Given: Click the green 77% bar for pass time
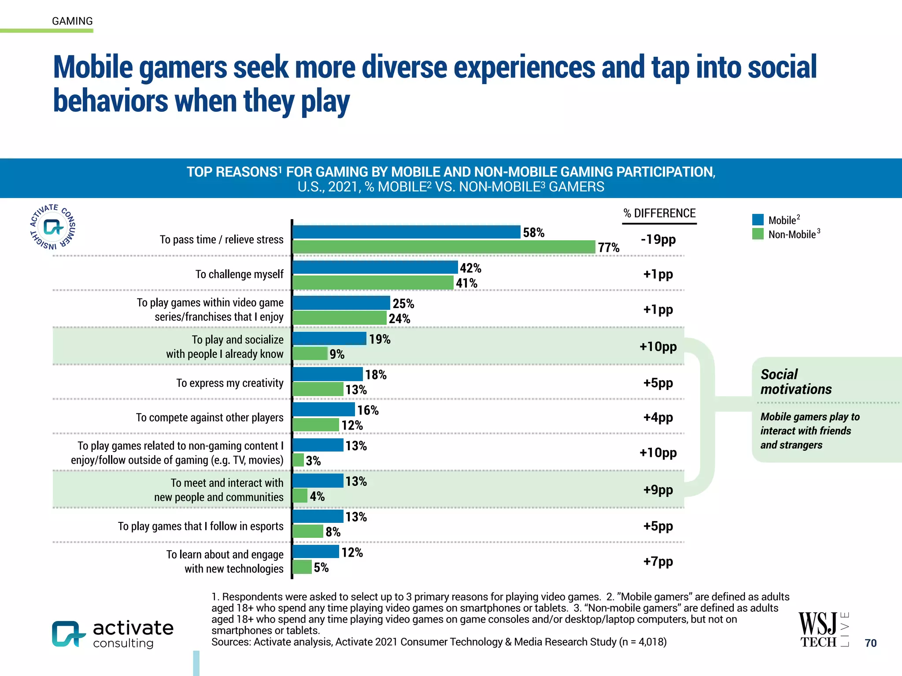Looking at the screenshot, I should pyautogui.click(x=444, y=247).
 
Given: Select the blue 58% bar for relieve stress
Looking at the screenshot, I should pyautogui.click(x=406, y=232).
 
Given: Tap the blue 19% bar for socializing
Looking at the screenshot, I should pyautogui.click(x=329, y=338).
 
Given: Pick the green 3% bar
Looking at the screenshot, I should pyautogui.click(x=298, y=460).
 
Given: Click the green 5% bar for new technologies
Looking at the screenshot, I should pyautogui.click(x=302, y=567).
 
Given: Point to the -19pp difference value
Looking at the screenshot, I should pyautogui.click(x=658, y=239).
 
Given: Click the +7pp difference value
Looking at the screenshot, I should pyautogui.click(x=658, y=562).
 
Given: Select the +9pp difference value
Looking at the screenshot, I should pyautogui.click(x=658, y=490).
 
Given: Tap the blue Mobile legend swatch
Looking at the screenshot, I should pyautogui.click(x=758, y=220).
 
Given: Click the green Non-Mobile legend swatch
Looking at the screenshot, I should pyautogui.click(x=758, y=234).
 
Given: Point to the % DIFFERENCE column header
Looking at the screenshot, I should pyautogui.click(x=659, y=213).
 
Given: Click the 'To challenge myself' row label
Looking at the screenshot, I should pyautogui.click(x=239, y=274).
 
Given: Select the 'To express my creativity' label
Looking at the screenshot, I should pyautogui.click(x=229, y=383).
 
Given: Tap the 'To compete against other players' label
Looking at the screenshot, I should pyautogui.click(x=210, y=417).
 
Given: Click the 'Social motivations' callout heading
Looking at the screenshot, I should pyautogui.click(x=795, y=382).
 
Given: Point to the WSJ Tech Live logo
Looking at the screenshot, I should pyautogui.click(x=823, y=629).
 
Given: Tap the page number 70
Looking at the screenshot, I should pyautogui.click(x=870, y=643).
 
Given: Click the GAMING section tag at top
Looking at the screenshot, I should pyautogui.click(x=72, y=21).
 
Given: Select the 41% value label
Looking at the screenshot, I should pyautogui.click(x=466, y=283).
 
